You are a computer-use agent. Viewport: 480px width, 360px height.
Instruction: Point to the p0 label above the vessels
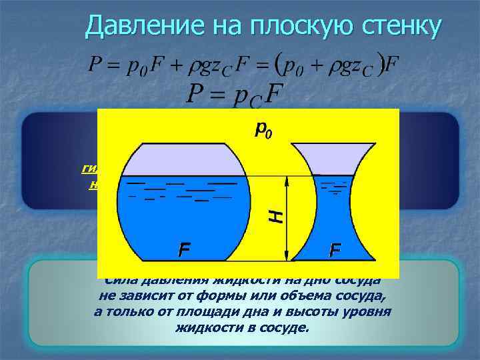pyautogui.click(x=263, y=129)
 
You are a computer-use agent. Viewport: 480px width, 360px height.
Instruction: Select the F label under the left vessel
pyautogui.click(x=184, y=251)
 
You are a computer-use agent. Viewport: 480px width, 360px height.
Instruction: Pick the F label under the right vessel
pyautogui.click(x=335, y=251)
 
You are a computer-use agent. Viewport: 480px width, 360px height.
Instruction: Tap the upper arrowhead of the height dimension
pyautogui.click(x=287, y=180)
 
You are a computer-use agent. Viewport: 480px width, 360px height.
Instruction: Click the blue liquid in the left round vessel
pyautogui.click(x=180, y=220)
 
